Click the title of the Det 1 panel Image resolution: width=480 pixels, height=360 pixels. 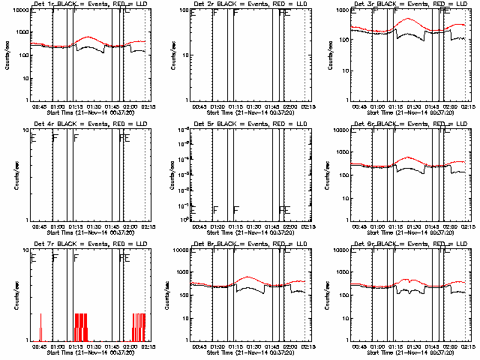click(88, 4)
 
